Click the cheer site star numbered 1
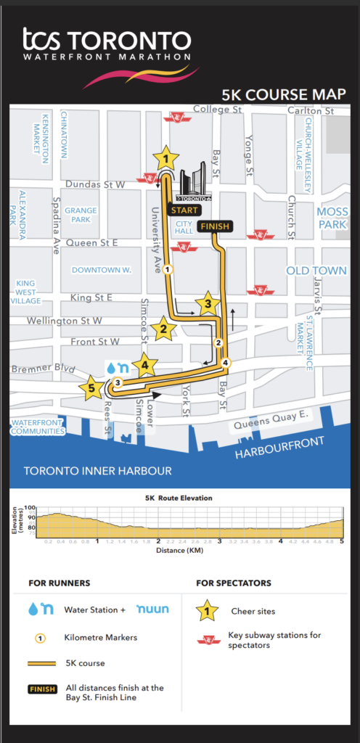(x=166, y=157)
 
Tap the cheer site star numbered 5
(x=91, y=388)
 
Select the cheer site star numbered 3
(x=208, y=303)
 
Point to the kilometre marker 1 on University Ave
(x=168, y=269)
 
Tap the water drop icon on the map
(x=111, y=368)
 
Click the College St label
(x=218, y=110)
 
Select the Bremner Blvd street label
(x=44, y=369)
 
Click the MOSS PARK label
(x=332, y=218)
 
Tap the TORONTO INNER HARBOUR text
(x=97, y=471)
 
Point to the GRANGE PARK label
(x=81, y=215)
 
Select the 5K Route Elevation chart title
(x=179, y=499)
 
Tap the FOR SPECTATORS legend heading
(x=234, y=583)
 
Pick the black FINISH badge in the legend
(x=43, y=689)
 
